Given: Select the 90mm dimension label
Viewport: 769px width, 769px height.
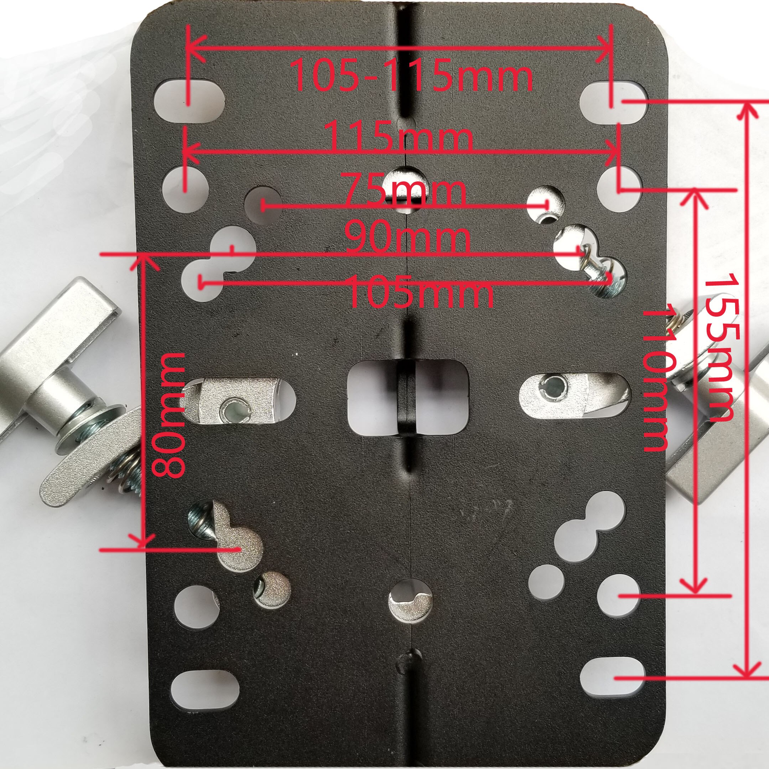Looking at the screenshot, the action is [x=407, y=239].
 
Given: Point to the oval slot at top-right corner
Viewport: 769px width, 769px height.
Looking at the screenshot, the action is [x=613, y=102].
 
